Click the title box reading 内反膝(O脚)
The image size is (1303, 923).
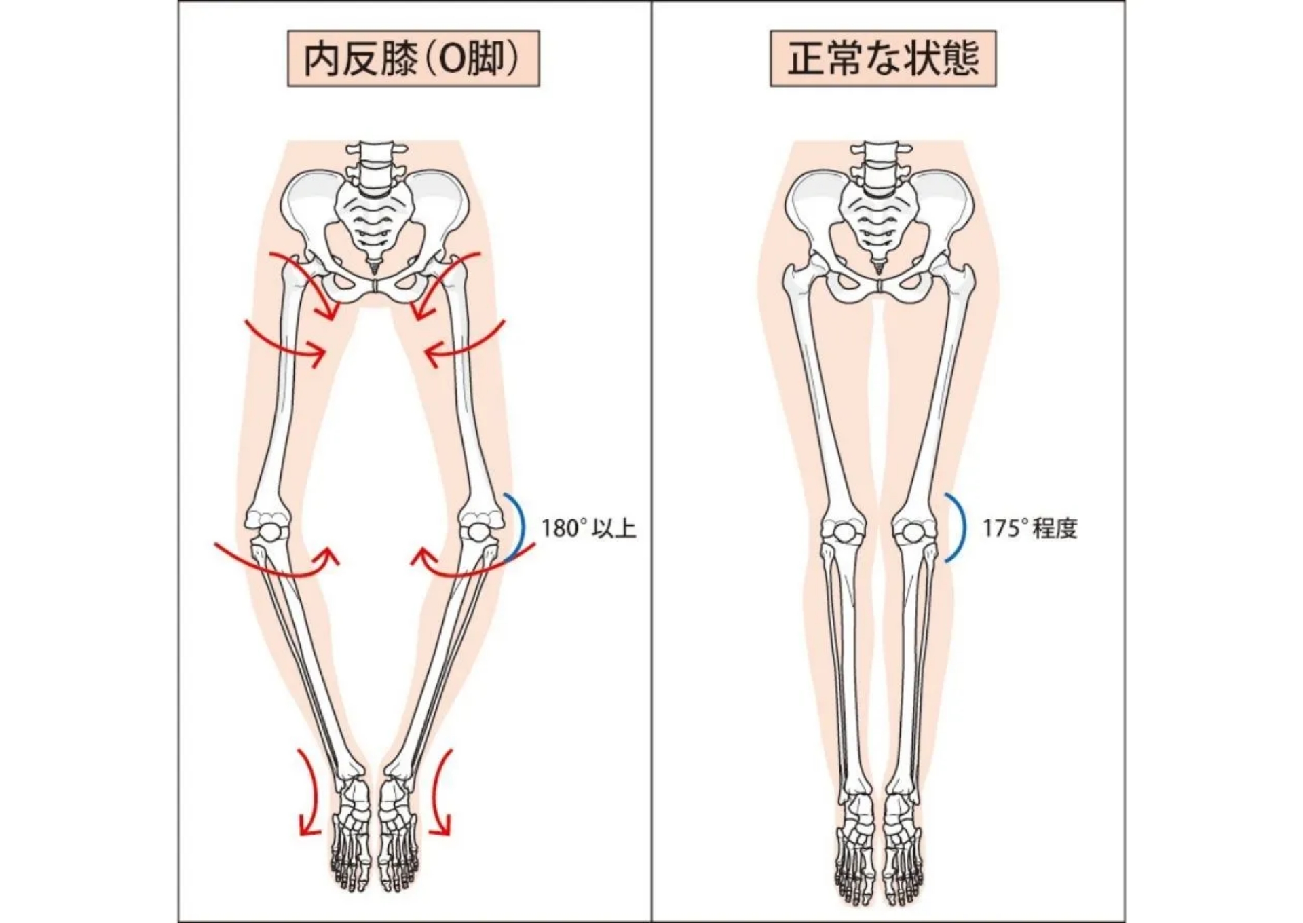click(x=413, y=58)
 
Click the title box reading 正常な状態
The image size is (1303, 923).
click(x=882, y=58)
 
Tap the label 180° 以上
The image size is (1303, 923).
click(x=588, y=528)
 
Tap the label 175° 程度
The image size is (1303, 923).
click(x=1030, y=528)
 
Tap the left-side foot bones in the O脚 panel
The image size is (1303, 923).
click(x=352, y=835)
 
